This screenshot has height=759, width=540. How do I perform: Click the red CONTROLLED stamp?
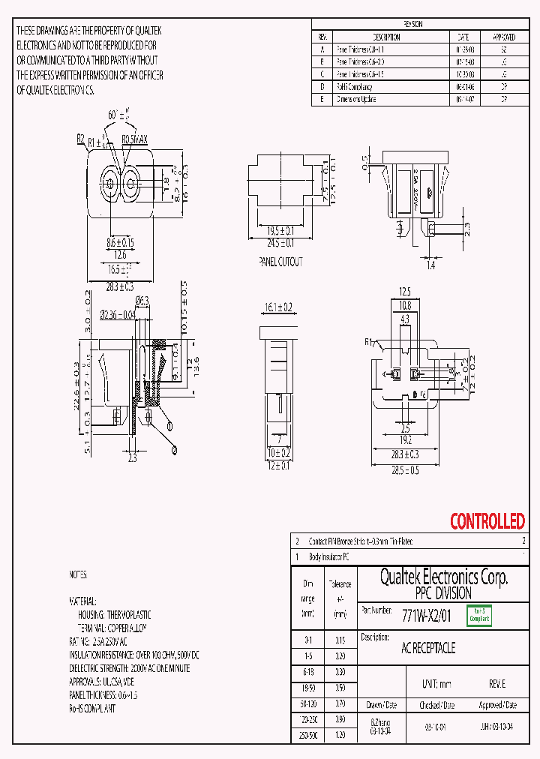coord(487,521)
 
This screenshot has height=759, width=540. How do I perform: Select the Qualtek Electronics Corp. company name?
coord(443,577)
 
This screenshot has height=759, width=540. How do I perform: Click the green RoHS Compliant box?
coord(478,616)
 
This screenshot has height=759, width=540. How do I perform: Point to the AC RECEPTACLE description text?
coord(428,648)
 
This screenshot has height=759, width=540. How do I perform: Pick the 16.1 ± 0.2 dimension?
coord(278,307)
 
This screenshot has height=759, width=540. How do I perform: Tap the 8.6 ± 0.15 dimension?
coord(119,243)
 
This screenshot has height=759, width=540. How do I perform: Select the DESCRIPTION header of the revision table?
coord(386,37)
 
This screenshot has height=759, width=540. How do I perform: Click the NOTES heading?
coord(78,575)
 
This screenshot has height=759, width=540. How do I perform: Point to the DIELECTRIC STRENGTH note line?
coord(129,668)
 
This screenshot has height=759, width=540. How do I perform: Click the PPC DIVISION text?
coord(443,592)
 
